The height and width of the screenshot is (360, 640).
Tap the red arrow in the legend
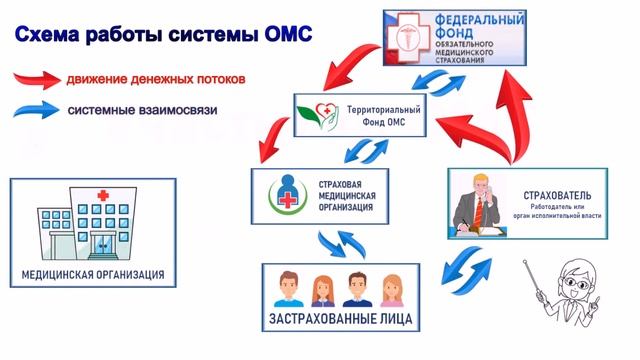(x=37, y=77)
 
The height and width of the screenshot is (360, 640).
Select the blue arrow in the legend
(x=37, y=110)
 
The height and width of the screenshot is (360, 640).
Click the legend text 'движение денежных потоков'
(x=158, y=77)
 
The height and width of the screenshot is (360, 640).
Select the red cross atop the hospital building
(x=100, y=194)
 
